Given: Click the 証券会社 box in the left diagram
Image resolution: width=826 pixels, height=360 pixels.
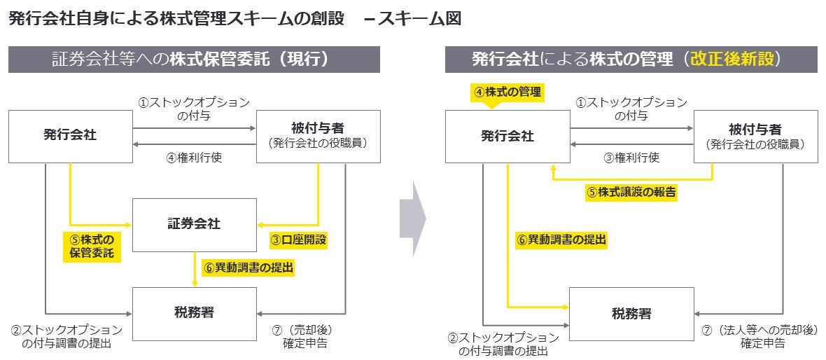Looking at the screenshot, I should pos(194,224).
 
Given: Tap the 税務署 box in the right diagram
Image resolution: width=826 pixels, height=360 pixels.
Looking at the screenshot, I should pos(631,313).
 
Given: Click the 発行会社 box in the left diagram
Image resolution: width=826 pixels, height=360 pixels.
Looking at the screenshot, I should pos(70,136).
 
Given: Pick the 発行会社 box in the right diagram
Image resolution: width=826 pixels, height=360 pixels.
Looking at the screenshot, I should pos(507,136).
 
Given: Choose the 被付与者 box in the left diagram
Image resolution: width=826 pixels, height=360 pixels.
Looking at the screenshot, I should pos(318,136).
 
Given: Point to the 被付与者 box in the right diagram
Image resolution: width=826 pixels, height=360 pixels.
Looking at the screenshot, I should pos(755,136).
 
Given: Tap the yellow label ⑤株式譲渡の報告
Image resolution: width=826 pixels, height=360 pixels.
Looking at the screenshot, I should pos(631,192).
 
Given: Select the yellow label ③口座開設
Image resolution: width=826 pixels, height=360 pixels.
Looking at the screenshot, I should pos(299,240).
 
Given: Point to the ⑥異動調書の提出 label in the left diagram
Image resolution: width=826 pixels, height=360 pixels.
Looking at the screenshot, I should pos(248,267).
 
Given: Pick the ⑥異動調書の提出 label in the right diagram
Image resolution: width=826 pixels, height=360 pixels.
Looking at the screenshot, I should pos(561,240).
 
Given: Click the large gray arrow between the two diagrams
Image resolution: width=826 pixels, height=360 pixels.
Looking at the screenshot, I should pos(412,218).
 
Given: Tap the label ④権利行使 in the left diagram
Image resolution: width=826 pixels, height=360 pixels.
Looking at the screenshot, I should pos(194,158).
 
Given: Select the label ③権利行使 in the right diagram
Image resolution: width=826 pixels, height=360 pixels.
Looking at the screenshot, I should pos(631,158).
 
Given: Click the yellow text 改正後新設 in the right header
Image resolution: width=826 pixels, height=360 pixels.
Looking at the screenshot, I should pos(733,59).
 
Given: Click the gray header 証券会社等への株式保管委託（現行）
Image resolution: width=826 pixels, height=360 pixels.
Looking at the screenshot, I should pos(194,60).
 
